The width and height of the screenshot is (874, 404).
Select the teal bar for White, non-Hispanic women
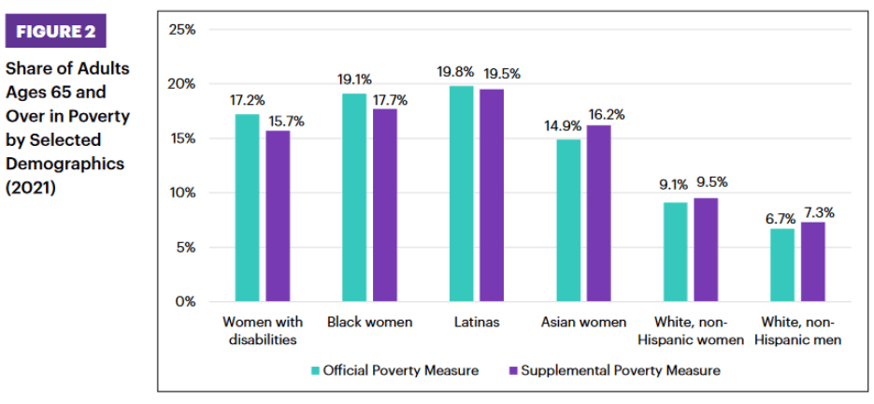675,252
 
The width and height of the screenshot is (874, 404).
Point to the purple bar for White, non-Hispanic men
812,262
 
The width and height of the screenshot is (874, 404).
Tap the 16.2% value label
603,114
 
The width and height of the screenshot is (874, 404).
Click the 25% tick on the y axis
182,30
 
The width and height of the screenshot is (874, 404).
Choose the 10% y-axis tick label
182,194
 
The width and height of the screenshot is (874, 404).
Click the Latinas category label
476,323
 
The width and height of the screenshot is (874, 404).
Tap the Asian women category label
583,323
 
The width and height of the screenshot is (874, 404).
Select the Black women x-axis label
369,323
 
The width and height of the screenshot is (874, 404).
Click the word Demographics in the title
64,164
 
